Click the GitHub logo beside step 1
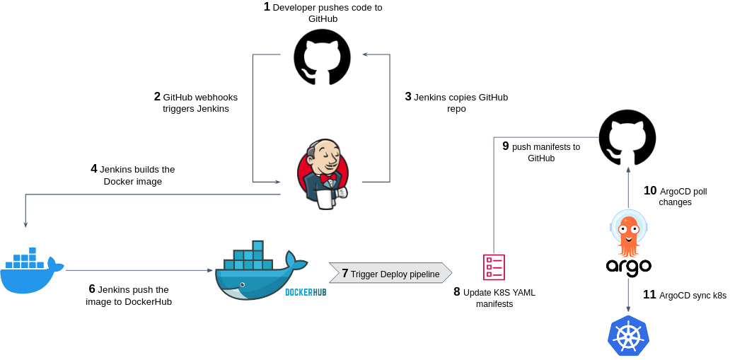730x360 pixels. coord(322,57)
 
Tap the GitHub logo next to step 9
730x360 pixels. coord(627,137)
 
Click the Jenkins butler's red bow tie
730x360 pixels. coord(328,178)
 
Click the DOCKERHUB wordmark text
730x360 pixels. coord(306,292)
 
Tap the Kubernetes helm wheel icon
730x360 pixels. coord(628,336)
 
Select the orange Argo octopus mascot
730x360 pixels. coord(628,233)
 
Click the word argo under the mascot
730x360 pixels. coord(628,267)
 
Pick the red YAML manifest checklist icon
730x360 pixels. coord(494,267)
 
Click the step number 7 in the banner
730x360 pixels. coord(344,274)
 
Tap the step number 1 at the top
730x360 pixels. coord(267,7)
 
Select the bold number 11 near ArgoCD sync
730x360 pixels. coord(649,295)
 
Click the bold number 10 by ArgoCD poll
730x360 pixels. coord(650,191)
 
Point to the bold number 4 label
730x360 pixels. coord(94,169)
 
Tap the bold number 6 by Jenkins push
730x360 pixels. coord(92,289)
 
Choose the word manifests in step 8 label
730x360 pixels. coord(494,304)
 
